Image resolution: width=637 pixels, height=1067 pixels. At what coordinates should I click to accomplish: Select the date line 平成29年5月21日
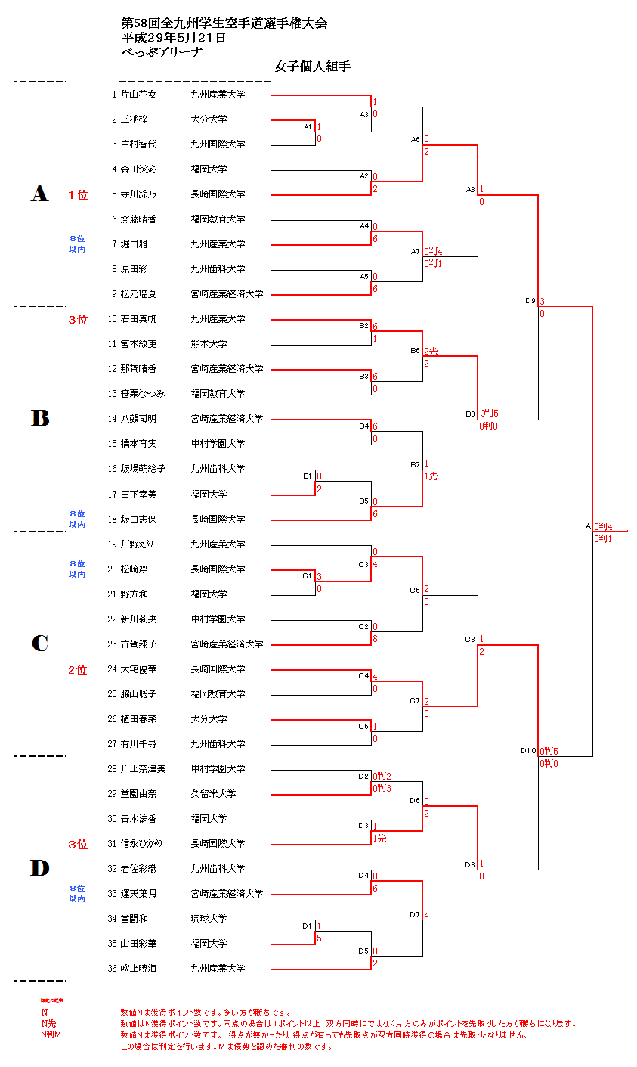pyautogui.click(x=173, y=37)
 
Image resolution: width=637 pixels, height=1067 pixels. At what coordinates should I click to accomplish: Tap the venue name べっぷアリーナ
pyautogui.click(x=162, y=51)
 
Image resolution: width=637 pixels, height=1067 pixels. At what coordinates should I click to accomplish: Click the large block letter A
pyautogui.click(x=39, y=194)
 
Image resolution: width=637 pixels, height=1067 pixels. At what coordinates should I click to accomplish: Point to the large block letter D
pyautogui.click(x=39, y=868)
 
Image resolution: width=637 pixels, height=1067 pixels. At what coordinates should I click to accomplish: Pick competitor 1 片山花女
pyautogui.click(x=138, y=95)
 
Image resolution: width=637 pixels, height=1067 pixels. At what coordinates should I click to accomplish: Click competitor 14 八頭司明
pyautogui.click(x=138, y=419)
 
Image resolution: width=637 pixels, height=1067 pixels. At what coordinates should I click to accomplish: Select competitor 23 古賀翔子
pyautogui.click(x=138, y=644)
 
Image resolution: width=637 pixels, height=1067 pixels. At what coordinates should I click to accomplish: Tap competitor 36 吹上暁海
pyautogui.click(x=138, y=968)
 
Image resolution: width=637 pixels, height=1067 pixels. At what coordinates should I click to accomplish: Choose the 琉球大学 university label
pyautogui.click(x=209, y=918)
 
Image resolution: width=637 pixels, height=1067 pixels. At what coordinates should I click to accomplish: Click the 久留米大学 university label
pyautogui.click(x=213, y=793)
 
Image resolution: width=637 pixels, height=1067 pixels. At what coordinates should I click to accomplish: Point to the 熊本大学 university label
pyautogui.click(x=209, y=344)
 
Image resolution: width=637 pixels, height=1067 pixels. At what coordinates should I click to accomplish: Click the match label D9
pyautogui.click(x=530, y=301)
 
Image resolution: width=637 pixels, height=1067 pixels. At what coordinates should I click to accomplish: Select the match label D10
pyautogui.click(x=527, y=751)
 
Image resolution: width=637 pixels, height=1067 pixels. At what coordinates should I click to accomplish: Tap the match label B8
pyautogui.click(x=470, y=414)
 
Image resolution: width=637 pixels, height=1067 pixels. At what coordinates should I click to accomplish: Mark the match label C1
pyautogui.click(x=307, y=575)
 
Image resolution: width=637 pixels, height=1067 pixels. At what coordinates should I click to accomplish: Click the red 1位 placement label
pyautogui.click(x=78, y=195)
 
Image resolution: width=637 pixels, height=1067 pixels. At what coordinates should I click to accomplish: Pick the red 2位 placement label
pyautogui.click(x=78, y=670)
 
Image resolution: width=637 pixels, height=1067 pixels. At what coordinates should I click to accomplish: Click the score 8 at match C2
pyautogui.click(x=375, y=639)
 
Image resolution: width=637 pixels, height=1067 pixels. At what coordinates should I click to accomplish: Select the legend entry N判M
pyautogui.click(x=51, y=1034)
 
